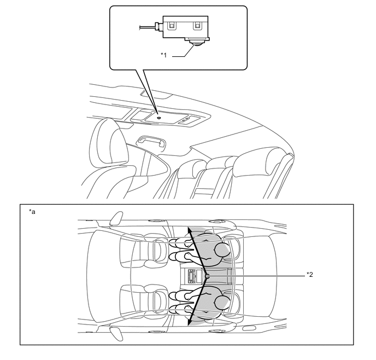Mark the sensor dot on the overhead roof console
[x=157, y=116]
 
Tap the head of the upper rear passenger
[x=224, y=250]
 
